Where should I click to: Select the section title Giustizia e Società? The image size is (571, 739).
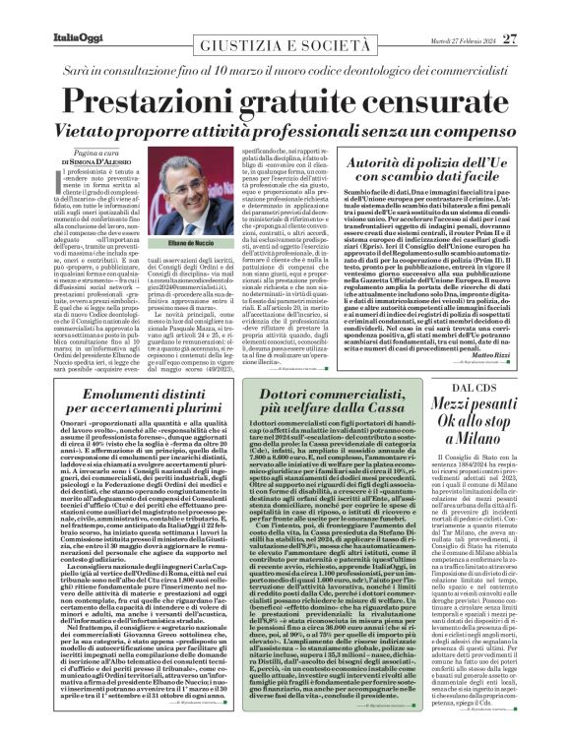(285, 18)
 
